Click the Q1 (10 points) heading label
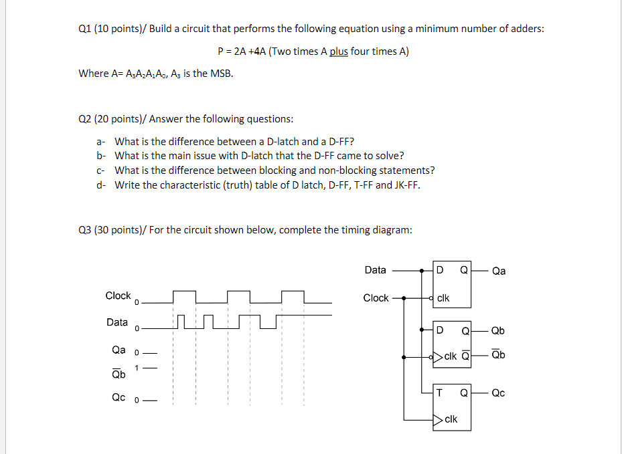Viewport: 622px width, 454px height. [x=112, y=29]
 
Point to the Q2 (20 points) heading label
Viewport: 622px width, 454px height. [x=112, y=119]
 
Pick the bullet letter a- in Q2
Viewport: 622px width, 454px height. [x=100, y=142]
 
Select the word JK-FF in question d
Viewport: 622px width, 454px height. [x=406, y=185]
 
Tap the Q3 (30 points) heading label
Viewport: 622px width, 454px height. [x=112, y=230]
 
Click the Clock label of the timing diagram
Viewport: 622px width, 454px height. [x=118, y=296]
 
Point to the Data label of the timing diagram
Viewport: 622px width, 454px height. [x=117, y=322]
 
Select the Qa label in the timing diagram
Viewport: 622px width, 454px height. [x=119, y=349]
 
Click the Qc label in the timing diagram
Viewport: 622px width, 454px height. [x=119, y=397]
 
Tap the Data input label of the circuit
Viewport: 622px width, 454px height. [x=375, y=270]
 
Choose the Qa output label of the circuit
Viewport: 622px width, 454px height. [x=499, y=271]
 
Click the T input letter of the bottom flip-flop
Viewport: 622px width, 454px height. [x=439, y=392]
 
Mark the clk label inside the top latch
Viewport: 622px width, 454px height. [x=443, y=298]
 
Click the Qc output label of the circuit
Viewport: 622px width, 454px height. [x=499, y=393]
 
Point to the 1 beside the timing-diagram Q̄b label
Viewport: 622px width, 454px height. [x=137, y=367]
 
